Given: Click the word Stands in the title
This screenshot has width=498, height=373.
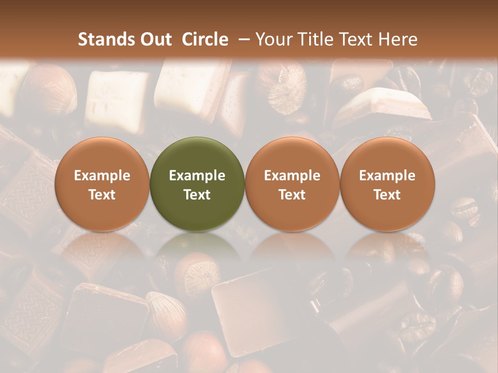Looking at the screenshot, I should (x=106, y=39).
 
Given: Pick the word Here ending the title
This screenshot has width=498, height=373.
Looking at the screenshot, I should (x=398, y=39).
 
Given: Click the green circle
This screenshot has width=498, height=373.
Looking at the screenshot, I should (x=197, y=184).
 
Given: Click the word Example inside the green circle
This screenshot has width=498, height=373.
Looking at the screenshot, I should (x=197, y=176).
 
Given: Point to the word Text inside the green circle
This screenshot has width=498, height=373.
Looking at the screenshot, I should (x=197, y=195).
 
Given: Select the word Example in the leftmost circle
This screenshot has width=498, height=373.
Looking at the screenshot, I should (x=102, y=176).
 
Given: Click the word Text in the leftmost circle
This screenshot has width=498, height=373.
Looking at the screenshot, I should (x=102, y=195).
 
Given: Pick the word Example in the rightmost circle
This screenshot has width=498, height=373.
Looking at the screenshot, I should (x=387, y=176).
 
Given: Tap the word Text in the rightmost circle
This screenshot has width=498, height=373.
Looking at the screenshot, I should (x=387, y=195).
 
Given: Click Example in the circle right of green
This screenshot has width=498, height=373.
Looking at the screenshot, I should (x=292, y=176).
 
